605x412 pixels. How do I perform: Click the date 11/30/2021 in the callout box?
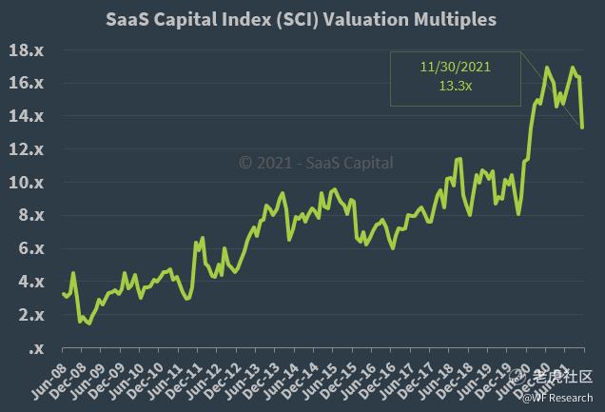tap(455, 68)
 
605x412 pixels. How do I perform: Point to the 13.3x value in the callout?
tap(455, 85)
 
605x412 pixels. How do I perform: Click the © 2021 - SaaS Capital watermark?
tap(315, 162)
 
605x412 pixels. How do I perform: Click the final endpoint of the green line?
tap(582, 127)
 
